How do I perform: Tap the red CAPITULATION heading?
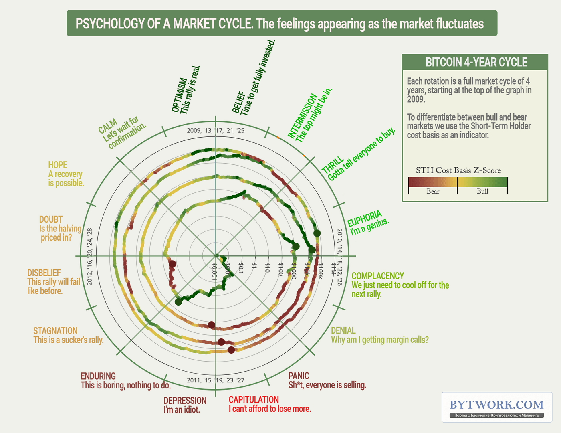pos(254,400)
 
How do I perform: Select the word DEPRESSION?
pos(185,401)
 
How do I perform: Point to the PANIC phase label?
pos(299,376)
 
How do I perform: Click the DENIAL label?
pos(343,331)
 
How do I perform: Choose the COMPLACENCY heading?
pos(377,276)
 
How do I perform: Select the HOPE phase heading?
pos(58,165)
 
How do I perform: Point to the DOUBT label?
pos(51,219)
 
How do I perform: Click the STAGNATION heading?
pos(55,331)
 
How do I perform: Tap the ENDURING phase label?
pos(98,376)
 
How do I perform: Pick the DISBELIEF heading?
pos(44,273)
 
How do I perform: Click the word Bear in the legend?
pos(433,192)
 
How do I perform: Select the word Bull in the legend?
pos(482,192)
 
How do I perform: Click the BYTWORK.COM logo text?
pos(496,405)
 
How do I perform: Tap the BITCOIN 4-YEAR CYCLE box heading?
pos(476,62)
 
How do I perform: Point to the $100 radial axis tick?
pos(280,269)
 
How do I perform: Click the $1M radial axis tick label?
pos(333,269)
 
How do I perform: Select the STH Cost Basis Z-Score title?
pos(458,170)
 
